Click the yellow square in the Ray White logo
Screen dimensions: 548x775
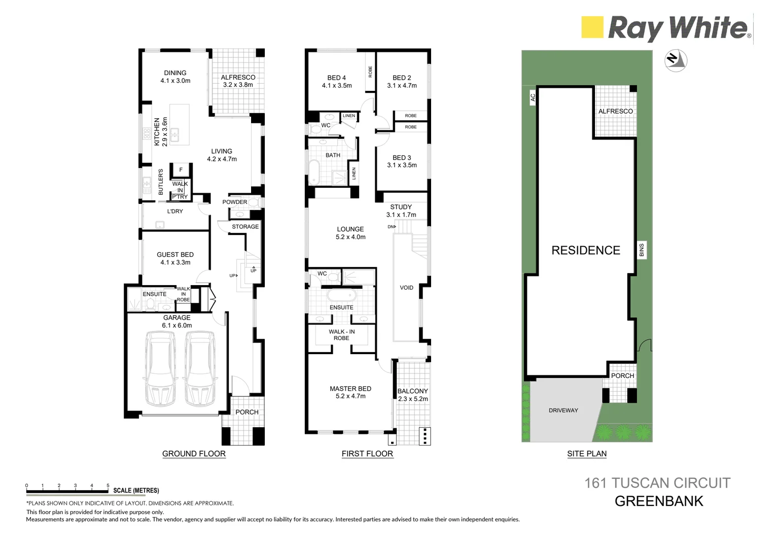point(592,27)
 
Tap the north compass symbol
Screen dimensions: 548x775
point(676,59)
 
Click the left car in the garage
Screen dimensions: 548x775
point(160,368)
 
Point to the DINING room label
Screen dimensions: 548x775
point(175,73)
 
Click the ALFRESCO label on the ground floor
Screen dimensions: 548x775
point(238,78)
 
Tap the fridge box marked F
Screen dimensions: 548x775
point(181,170)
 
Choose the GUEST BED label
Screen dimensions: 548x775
point(175,255)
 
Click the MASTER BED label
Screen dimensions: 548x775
point(350,389)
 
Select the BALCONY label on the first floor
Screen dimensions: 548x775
point(412,391)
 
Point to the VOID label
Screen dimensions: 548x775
point(406,288)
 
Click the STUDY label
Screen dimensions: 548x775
point(401,207)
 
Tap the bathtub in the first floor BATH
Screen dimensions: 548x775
point(314,173)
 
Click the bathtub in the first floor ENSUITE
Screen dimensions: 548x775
point(341,296)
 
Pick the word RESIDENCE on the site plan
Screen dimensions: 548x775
point(585,250)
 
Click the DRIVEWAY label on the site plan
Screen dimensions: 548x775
point(563,410)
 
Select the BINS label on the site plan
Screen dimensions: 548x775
point(642,250)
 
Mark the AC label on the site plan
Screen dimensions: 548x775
point(533,97)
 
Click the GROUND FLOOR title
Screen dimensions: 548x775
point(194,454)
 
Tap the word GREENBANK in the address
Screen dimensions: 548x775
point(658,501)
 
